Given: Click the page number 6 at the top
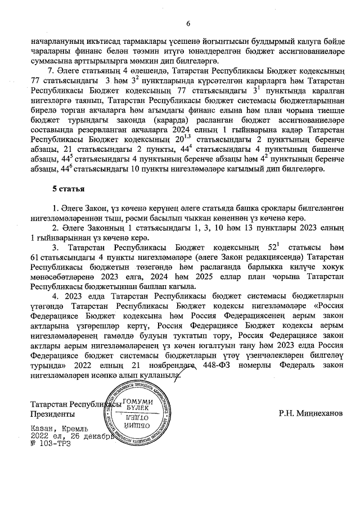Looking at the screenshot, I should [188, 23].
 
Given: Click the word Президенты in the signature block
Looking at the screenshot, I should [54, 413].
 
